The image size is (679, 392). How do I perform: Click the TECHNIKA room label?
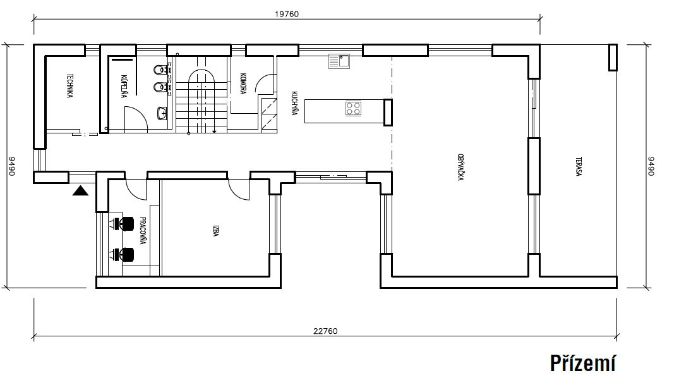point(69,86)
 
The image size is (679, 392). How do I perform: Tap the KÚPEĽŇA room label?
point(124,86)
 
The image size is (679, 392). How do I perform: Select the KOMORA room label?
point(243,83)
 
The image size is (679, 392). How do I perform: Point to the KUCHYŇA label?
point(294,103)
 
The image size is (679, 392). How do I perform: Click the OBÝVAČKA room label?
point(460,167)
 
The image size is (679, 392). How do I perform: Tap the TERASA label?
point(579,166)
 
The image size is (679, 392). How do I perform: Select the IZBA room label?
point(215,231)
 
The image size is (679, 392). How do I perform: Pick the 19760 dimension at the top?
point(287,14)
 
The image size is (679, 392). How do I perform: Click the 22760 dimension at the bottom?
point(325,331)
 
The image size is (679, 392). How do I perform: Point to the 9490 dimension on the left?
point(12,166)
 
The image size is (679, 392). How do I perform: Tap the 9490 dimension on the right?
point(651,166)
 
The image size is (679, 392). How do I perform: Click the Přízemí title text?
point(583,364)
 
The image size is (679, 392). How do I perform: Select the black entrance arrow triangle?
point(81,190)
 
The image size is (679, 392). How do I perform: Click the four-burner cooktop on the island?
point(353,108)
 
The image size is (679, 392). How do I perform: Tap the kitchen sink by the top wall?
point(339,61)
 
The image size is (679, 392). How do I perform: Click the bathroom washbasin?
point(162,114)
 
